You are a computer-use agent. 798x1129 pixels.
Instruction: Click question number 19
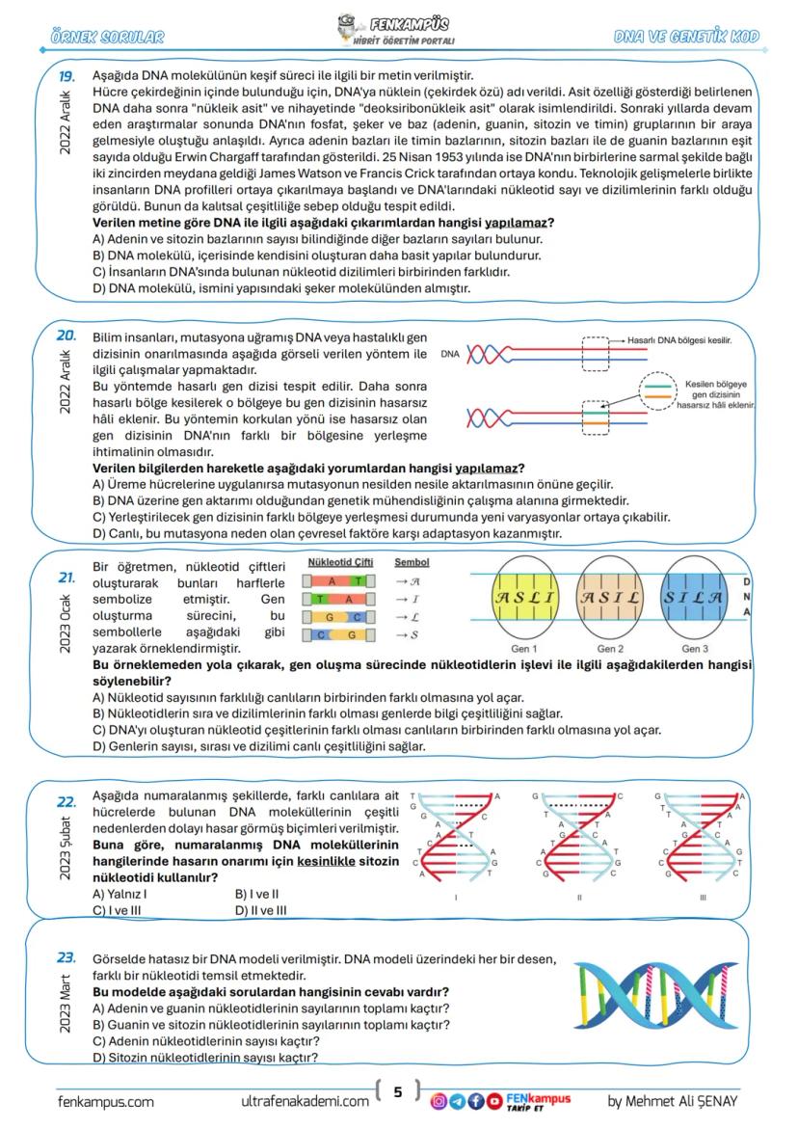(x=66, y=75)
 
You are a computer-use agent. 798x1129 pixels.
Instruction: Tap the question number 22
(x=66, y=801)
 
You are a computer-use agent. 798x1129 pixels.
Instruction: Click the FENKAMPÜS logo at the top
(x=398, y=29)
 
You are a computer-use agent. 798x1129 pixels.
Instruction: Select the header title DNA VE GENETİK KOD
(x=686, y=38)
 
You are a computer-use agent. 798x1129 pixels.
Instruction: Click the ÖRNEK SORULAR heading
(x=107, y=38)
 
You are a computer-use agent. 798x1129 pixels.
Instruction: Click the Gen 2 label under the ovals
(x=610, y=648)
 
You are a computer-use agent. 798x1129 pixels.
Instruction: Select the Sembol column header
(x=412, y=562)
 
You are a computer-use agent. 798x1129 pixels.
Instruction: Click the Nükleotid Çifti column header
(x=340, y=562)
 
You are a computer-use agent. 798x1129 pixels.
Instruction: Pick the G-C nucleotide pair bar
(x=335, y=616)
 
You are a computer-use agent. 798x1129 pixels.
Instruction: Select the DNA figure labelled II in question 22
(x=580, y=839)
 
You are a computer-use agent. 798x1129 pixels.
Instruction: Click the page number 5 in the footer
(x=397, y=1092)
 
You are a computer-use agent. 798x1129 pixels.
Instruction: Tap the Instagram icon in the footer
(x=438, y=1100)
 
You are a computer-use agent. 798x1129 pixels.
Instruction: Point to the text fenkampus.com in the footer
(x=106, y=1101)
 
